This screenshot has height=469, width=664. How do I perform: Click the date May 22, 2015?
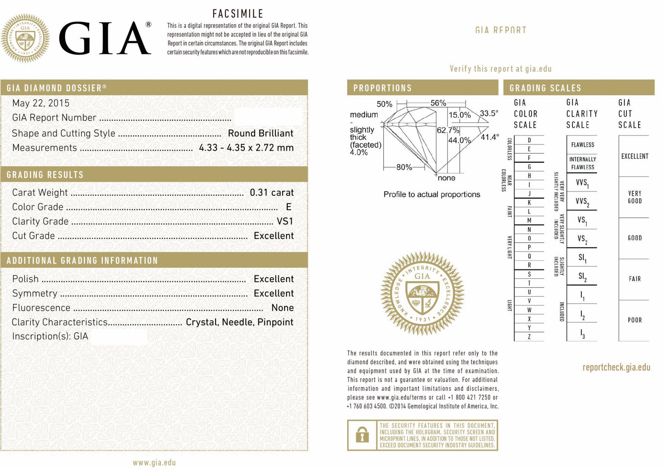(x=41, y=103)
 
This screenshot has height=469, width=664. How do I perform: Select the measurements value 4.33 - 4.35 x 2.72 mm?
(x=246, y=148)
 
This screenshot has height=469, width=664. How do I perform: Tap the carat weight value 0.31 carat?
(x=271, y=193)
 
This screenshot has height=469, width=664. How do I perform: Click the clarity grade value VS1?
(x=285, y=221)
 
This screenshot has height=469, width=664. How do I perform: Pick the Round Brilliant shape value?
(x=260, y=133)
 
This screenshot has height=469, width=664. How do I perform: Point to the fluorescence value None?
(x=282, y=308)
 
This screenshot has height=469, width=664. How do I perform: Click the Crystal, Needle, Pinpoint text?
(x=239, y=322)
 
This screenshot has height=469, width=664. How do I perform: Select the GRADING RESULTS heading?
(x=45, y=175)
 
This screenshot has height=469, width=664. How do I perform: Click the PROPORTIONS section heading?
(x=382, y=88)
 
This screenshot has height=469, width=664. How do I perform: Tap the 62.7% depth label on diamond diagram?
(x=448, y=130)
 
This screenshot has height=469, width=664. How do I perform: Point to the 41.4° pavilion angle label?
(x=490, y=137)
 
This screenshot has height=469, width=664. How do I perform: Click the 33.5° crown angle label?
(x=489, y=114)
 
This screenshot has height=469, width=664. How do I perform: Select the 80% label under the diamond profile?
(x=404, y=167)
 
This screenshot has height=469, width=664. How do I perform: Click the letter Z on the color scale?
(x=529, y=337)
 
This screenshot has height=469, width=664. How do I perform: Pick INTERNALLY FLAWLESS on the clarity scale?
(x=582, y=163)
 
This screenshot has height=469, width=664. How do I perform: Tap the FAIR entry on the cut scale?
(x=635, y=279)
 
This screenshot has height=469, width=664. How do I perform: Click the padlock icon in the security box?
(x=362, y=435)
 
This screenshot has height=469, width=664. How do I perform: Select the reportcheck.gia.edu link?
(x=616, y=368)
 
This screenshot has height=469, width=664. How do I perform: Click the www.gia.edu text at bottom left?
(x=154, y=463)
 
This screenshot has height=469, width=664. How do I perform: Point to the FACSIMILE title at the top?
(x=238, y=14)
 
